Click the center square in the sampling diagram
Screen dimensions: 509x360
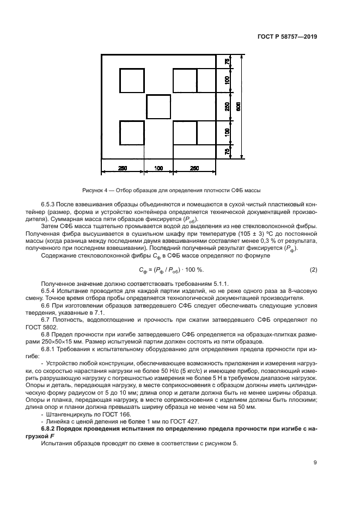point(158,107)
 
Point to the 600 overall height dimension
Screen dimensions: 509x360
point(238,107)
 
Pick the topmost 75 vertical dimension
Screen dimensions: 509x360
point(227,62)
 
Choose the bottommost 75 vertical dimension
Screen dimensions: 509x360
point(227,152)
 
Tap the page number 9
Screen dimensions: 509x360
point(315,463)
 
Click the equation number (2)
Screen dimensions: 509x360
point(313,270)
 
